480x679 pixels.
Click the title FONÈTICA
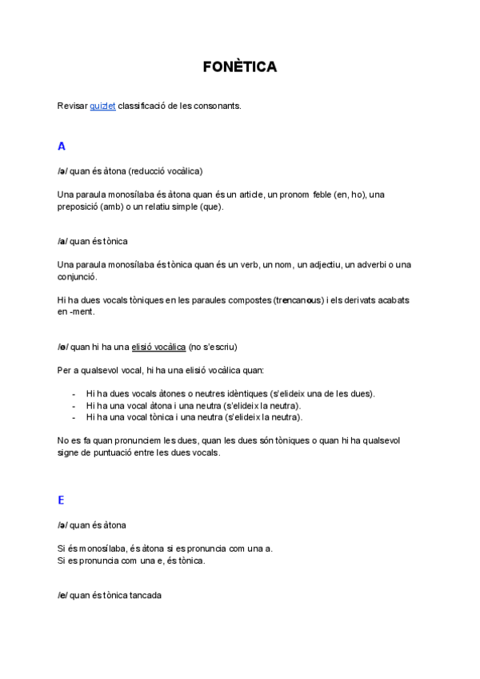click(x=240, y=67)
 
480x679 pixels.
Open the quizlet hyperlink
click(x=102, y=105)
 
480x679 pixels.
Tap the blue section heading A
click(x=62, y=147)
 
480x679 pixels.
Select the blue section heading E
click(x=62, y=500)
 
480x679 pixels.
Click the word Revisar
click(x=72, y=105)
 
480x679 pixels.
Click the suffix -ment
click(x=82, y=311)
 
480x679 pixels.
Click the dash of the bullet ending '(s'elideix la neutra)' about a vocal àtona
click(x=74, y=405)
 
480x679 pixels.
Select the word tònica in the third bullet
click(x=170, y=416)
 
